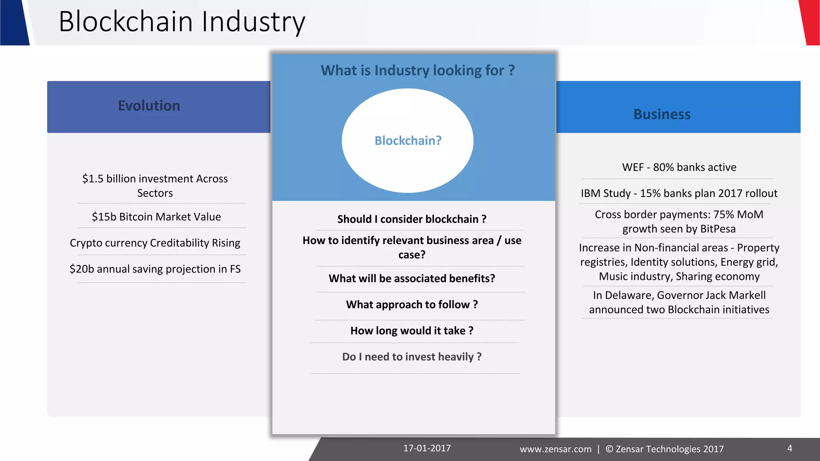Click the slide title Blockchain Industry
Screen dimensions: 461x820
click(182, 22)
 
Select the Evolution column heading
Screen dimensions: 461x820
click(149, 106)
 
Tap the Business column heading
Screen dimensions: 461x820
click(662, 114)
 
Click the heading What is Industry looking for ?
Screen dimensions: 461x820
click(418, 70)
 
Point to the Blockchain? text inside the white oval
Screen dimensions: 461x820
click(408, 141)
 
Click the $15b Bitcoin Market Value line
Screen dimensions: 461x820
click(156, 217)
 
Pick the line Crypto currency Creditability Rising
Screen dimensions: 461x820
click(155, 243)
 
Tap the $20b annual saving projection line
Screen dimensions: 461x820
click(155, 269)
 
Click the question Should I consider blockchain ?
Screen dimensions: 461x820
click(412, 219)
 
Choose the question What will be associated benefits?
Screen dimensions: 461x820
click(412, 279)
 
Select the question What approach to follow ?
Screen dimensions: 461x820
click(412, 305)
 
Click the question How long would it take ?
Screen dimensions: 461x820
click(412, 331)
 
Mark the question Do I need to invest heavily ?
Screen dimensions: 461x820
click(412, 357)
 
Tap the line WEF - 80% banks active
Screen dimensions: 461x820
click(679, 167)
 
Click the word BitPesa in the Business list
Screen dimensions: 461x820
click(718, 229)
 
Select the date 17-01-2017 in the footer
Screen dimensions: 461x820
click(427, 448)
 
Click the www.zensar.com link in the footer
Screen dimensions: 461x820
click(555, 449)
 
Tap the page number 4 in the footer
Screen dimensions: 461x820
click(790, 448)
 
